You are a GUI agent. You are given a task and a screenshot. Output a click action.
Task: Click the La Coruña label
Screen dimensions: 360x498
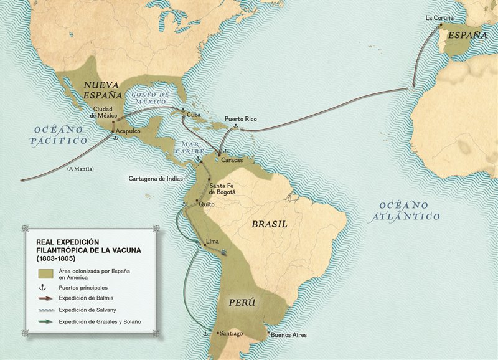[x=439, y=17]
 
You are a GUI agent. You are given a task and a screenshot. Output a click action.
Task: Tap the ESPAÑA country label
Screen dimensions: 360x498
[x=464, y=35]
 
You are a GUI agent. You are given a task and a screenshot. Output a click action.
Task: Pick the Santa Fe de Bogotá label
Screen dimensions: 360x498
[x=222, y=189]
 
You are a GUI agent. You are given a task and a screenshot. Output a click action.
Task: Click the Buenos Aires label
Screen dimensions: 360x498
[x=288, y=334]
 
